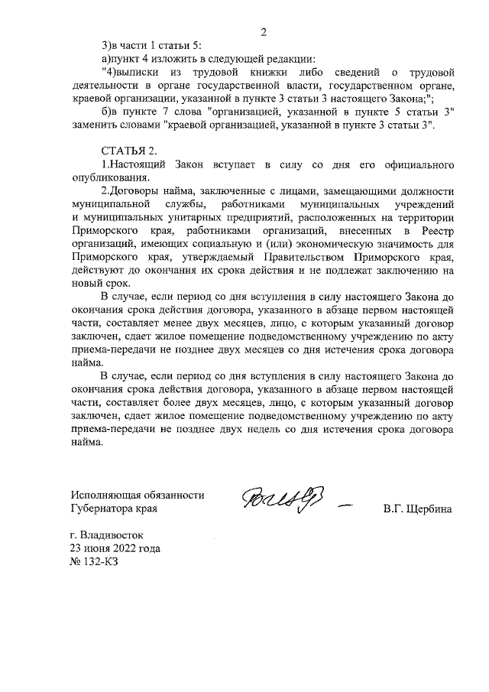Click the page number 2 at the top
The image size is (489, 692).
[264, 32]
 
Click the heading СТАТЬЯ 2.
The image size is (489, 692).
[128, 151]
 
